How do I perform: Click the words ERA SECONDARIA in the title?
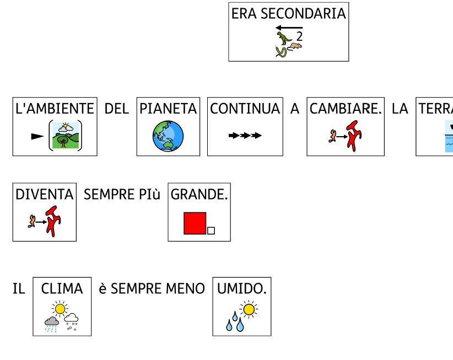point(288,14)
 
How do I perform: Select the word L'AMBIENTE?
point(55,109)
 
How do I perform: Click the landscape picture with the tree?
point(66,136)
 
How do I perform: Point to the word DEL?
point(116,109)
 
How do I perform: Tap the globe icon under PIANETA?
point(168,136)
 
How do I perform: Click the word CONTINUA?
point(245,109)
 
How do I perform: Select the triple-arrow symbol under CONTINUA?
point(245,135)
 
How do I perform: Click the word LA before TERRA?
point(400,109)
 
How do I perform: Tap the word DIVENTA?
point(44,194)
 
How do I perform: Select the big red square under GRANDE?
point(195,223)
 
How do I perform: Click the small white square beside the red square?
point(211,230)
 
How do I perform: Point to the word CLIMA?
point(62,288)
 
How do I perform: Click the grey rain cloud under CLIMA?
point(52,321)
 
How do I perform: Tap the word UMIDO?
point(241,288)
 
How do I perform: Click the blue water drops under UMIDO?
point(235,324)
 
